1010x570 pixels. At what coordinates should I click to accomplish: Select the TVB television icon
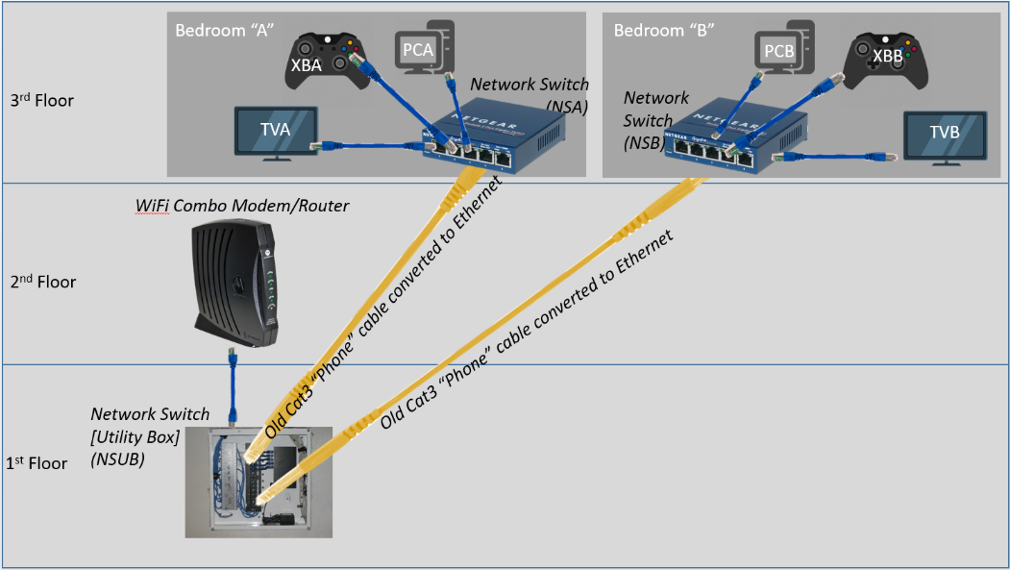(945, 137)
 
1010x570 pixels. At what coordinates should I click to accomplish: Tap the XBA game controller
(328, 61)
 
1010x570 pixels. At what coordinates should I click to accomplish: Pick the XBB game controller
(886, 62)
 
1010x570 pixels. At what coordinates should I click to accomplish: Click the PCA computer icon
(425, 47)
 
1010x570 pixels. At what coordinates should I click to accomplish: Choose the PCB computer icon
(784, 47)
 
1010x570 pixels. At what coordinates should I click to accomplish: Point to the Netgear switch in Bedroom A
(494, 136)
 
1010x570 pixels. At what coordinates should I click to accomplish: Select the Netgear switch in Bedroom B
(735, 136)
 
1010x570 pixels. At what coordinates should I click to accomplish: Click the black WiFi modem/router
(235, 283)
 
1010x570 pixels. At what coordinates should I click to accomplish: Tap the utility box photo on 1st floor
(259, 482)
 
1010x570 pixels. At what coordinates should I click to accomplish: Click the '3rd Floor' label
(42, 101)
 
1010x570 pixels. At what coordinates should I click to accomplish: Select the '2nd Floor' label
(43, 282)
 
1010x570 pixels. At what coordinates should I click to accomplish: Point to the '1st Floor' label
(37, 462)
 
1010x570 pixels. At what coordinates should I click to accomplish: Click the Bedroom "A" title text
(225, 30)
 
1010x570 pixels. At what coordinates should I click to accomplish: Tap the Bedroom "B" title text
(664, 30)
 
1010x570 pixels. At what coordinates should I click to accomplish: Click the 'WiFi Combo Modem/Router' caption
(242, 206)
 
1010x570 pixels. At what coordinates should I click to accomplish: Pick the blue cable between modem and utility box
(233, 385)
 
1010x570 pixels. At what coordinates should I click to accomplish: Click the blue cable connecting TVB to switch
(835, 157)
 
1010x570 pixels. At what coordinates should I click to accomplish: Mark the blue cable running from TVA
(368, 145)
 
